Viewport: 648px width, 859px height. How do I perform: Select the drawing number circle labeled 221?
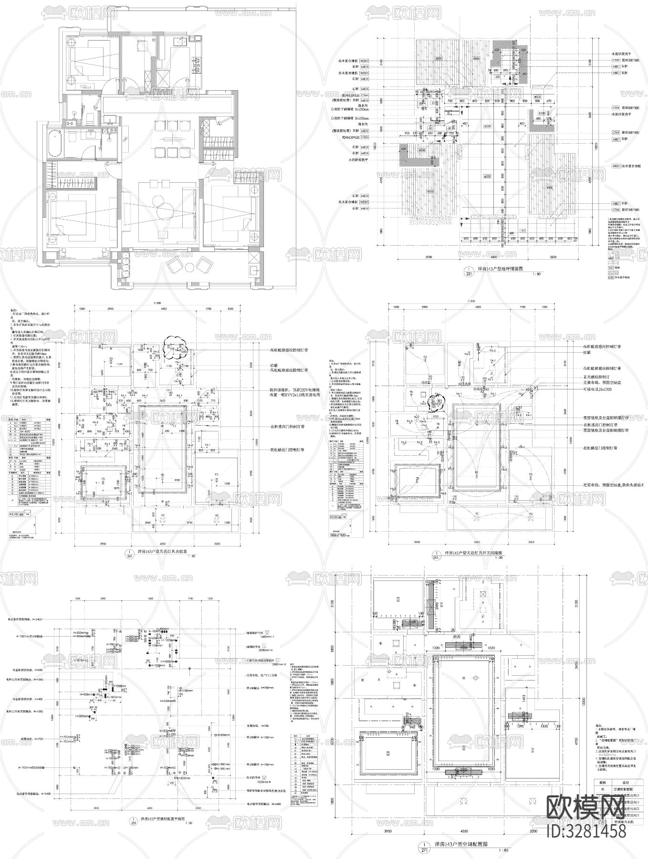(x=470, y=272)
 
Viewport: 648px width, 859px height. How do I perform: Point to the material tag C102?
(x=616, y=61)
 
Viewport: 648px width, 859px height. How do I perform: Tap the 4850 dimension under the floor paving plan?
(x=496, y=257)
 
